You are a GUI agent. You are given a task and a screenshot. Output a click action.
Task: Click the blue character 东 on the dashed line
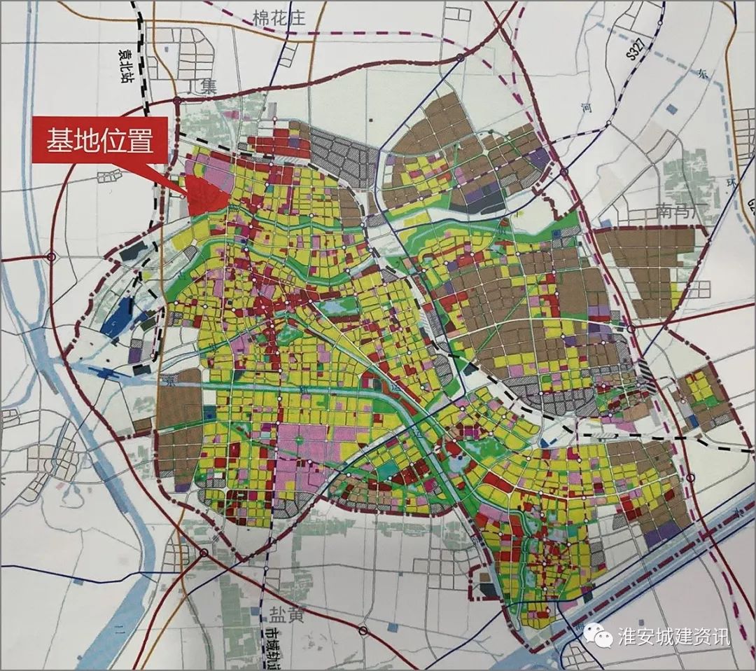click(703, 72)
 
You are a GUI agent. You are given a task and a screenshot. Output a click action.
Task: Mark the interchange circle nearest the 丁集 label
click(178, 102)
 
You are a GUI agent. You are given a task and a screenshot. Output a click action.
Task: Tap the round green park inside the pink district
click(298, 440)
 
